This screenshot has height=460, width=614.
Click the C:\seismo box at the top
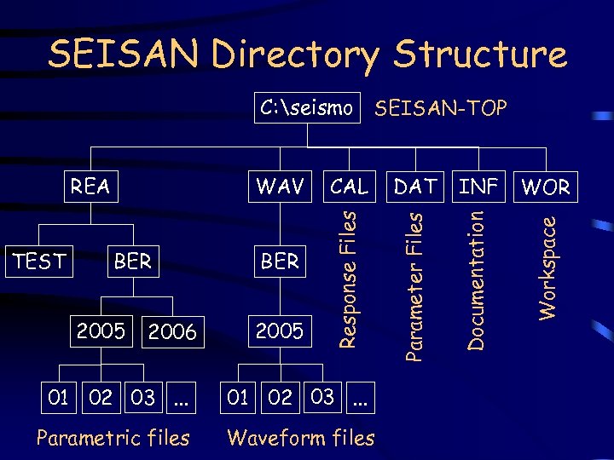(x=306, y=108)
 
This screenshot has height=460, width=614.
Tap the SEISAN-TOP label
(x=441, y=108)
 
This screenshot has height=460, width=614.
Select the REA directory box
(x=90, y=187)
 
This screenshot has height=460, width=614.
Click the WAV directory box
(x=280, y=187)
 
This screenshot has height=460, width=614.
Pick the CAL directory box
(x=349, y=187)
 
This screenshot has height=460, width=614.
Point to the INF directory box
(x=478, y=187)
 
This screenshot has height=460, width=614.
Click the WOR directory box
(x=545, y=187)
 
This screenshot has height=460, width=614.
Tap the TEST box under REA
(x=39, y=262)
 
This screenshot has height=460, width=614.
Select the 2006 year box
(x=172, y=331)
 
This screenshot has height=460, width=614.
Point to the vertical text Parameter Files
(x=414, y=286)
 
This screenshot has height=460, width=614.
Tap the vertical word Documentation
(x=478, y=280)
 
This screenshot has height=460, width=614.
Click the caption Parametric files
(x=113, y=438)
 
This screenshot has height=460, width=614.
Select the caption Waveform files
(x=301, y=438)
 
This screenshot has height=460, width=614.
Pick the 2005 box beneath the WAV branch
(x=280, y=331)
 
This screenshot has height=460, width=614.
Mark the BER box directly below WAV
(x=280, y=262)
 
